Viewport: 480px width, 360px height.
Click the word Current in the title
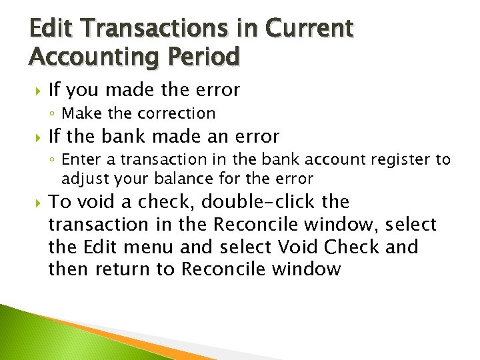(x=309, y=29)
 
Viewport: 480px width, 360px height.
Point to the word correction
(x=179, y=113)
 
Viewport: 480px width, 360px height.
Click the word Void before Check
(x=297, y=247)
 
